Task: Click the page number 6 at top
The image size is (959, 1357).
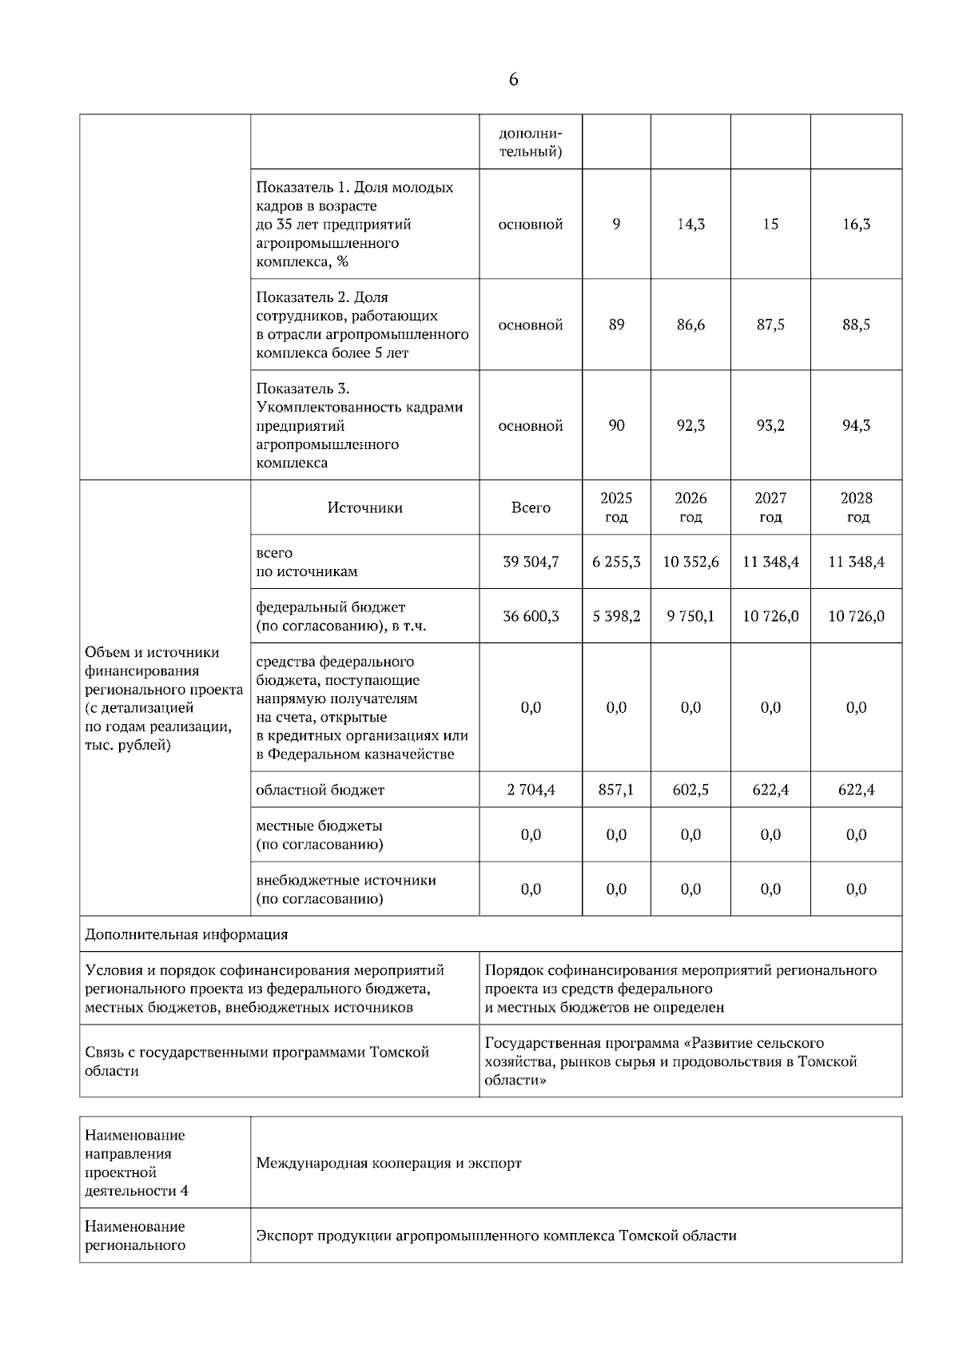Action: pyautogui.click(x=512, y=79)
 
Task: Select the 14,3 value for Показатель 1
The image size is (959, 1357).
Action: pyautogui.click(x=690, y=225)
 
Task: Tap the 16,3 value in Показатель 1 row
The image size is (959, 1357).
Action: pyautogui.click(x=856, y=225)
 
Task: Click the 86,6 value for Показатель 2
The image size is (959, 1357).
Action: pyautogui.click(x=690, y=324)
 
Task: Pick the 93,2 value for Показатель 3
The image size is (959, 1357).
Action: pyautogui.click(x=770, y=425)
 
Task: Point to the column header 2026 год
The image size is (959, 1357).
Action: pyautogui.click(x=690, y=507)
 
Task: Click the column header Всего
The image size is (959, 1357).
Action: pyautogui.click(x=531, y=507)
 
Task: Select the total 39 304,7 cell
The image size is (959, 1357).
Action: pyautogui.click(x=531, y=562)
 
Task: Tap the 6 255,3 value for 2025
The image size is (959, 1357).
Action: pyautogui.click(x=616, y=562)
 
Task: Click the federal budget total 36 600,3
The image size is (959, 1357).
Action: pyautogui.click(x=531, y=616)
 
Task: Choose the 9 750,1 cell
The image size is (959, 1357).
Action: pyautogui.click(x=690, y=616)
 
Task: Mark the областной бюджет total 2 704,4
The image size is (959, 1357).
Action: pyautogui.click(x=531, y=790)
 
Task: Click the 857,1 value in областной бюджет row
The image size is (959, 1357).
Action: pyautogui.click(x=616, y=790)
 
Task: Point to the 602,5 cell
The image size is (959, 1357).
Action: pyautogui.click(x=690, y=790)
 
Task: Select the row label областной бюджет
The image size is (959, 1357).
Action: pyautogui.click(x=320, y=790)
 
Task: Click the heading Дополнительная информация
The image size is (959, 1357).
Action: pyautogui.click(x=186, y=934)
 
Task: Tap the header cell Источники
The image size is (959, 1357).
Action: pyautogui.click(x=364, y=507)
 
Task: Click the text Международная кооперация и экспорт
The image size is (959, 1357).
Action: pyautogui.click(x=388, y=1163)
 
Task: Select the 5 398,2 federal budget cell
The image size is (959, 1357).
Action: pyautogui.click(x=616, y=616)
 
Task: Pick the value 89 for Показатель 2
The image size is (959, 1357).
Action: pyautogui.click(x=616, y=324)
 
